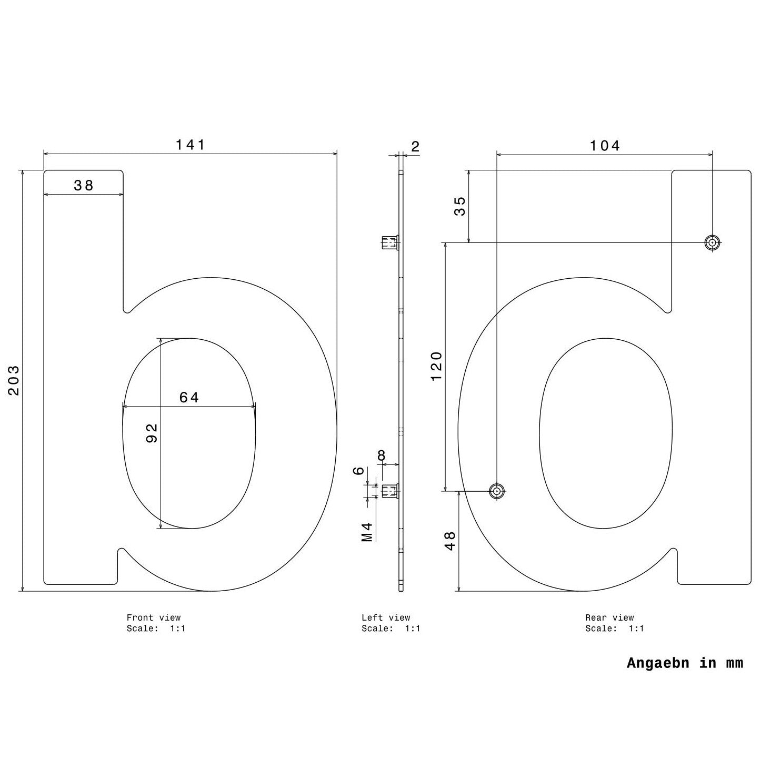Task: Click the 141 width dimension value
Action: [191, 145]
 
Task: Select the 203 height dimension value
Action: [14, 380]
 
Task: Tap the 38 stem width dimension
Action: [84, 185]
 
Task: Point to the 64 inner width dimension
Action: [189, 397]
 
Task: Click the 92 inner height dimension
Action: [152, 433]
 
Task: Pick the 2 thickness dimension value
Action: [415, 146]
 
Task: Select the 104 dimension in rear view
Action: [605, 146]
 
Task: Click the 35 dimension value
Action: [459, 206]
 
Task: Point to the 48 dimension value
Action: [450, 541]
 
